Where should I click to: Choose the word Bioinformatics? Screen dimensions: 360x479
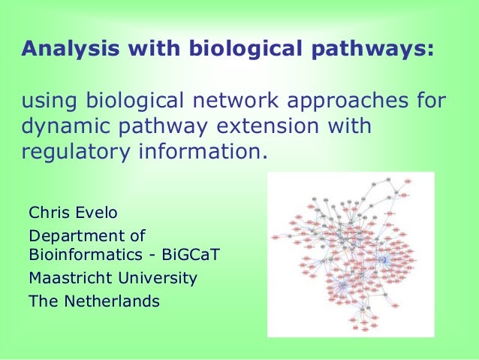click(x=82, y=254)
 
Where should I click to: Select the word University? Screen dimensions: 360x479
click(x=158, y=278)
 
